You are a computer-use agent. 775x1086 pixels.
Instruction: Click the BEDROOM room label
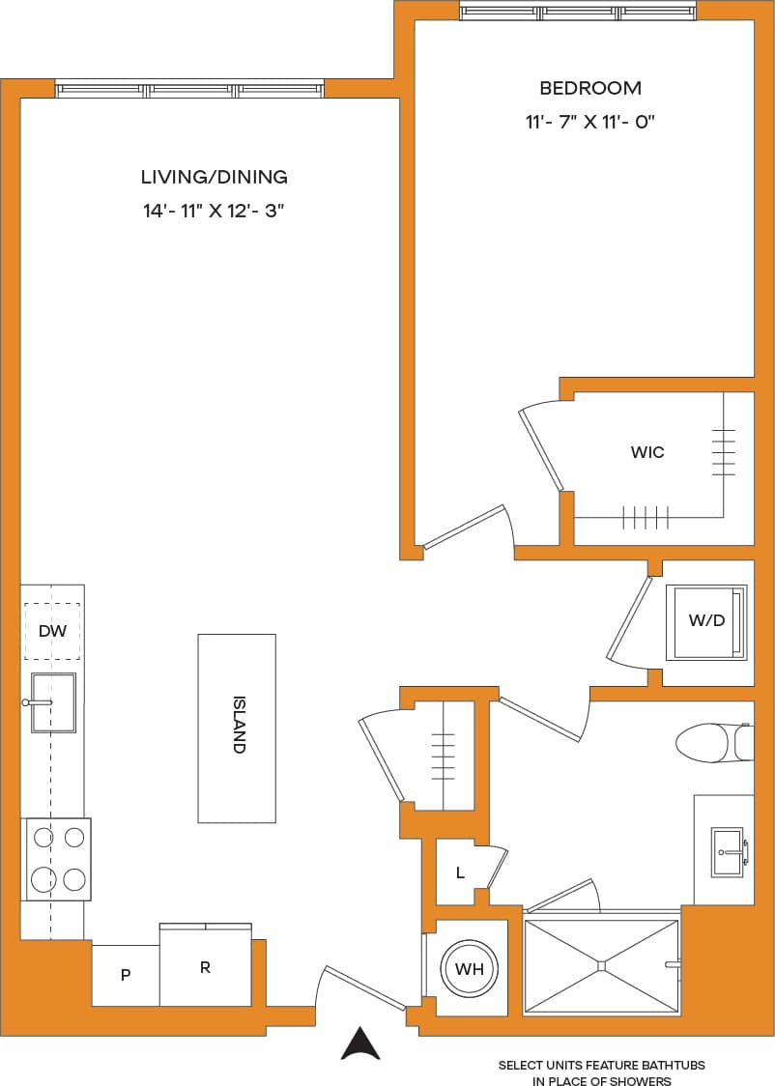click(x=589, y=88)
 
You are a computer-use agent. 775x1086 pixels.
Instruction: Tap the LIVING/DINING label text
click(x=214, y=177)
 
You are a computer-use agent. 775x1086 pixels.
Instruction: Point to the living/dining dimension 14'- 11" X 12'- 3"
click(x=214, y=211)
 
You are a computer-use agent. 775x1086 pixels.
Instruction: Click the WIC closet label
click(x=646, y=452)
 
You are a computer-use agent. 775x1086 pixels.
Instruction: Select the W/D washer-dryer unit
click(x=706, y=621)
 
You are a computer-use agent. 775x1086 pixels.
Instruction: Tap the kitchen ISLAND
click(x=237, y=728)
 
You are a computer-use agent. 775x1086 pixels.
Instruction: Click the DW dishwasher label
click(x=52, y=631)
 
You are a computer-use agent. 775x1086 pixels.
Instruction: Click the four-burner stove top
click(x=58, y=859)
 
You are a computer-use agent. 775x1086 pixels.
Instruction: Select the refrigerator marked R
click(x=205, y=966)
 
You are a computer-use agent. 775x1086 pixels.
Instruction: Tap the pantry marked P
click(x=126, y=975)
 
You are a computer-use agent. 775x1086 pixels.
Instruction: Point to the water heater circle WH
click(x=470, y=968)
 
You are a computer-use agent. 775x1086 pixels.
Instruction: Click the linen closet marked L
click(x=461, y=872)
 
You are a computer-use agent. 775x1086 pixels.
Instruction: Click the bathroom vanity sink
click(x=727, y=851)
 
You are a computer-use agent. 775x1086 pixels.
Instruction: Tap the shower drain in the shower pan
click(x=601, y=964)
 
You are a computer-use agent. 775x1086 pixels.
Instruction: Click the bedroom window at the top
click(x=577, y=12)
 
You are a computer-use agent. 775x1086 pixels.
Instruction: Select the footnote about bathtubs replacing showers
click(x=601, y=1072)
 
